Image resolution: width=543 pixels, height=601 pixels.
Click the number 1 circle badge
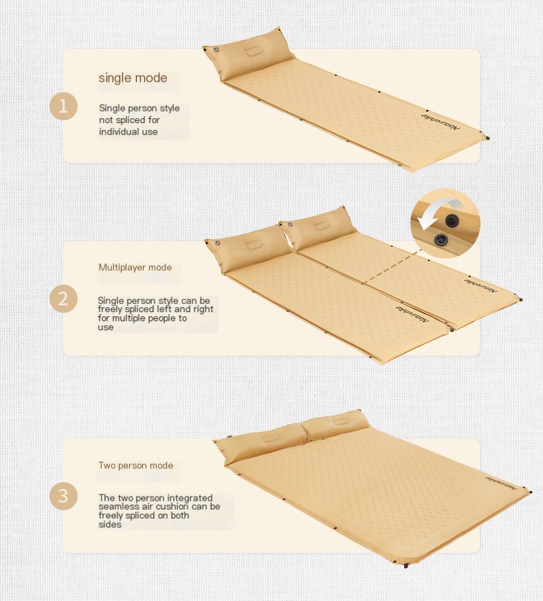[64, 107]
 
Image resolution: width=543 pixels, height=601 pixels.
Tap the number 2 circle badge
[64, 299]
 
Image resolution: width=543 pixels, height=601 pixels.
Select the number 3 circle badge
[64, 496]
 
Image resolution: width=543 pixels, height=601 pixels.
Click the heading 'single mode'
[133, 78]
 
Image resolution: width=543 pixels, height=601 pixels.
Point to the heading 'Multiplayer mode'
[135, 267]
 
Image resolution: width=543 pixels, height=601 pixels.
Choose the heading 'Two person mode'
[135, 466]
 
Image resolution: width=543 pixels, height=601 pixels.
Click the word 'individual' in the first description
[119, 132]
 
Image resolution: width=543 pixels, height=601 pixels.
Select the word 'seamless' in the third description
[119, 507]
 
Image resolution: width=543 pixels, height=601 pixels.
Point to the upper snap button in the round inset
[452, 219]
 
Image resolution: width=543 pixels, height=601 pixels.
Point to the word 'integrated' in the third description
[192, 498]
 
